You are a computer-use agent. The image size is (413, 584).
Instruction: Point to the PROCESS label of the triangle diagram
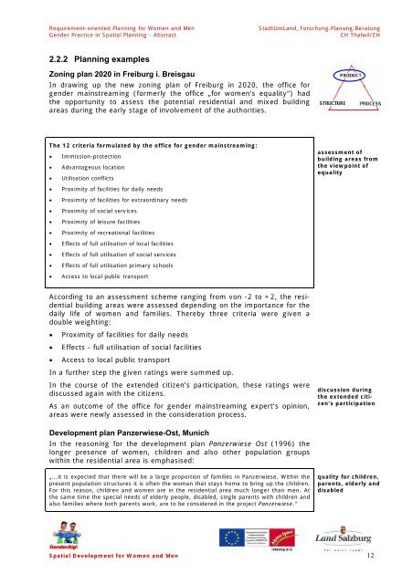(x=372, y=105)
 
